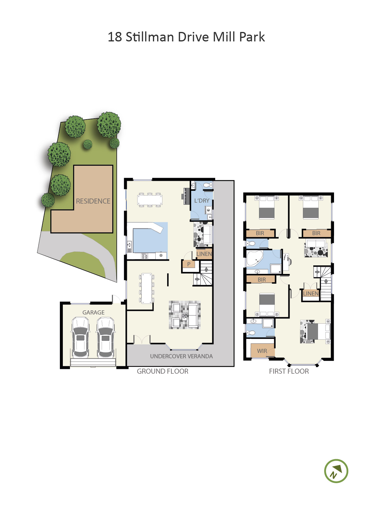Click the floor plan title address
(186, 37)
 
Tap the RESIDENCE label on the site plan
(93, 201)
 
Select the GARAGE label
(93, 312)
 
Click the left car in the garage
(80, 337)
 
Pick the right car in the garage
(106, 337)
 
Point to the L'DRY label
(202, 201)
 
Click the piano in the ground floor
(186, 196)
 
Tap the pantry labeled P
(189, 264)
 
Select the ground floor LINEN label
(204, 254)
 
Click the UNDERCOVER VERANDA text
(181, 356)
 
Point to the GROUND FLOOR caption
(162, 371)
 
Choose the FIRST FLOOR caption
(289, 371)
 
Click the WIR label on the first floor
(262, 351)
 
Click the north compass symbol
(336, 471)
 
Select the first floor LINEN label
(311, 293)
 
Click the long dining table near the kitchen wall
(147, 288)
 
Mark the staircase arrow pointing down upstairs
(326, 281)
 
